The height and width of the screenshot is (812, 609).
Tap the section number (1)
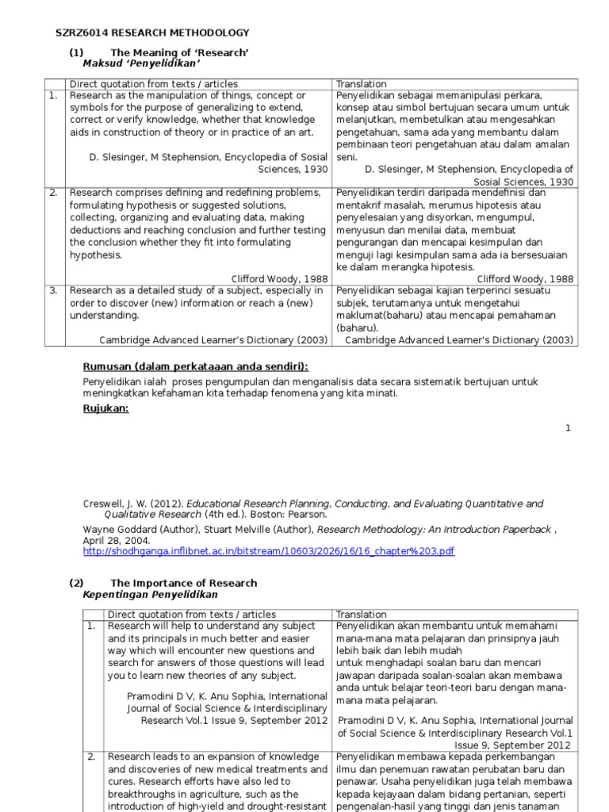click(76, 52)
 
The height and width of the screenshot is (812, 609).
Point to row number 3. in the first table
click(54, 290)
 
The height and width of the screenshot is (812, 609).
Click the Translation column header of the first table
click(361, 84)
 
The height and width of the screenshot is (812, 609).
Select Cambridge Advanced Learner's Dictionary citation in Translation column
click(458, 340)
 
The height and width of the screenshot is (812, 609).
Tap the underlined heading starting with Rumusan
click(196, 366)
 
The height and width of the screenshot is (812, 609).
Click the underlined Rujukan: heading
click(105, 409)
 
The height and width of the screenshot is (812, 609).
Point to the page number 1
click(568, 428)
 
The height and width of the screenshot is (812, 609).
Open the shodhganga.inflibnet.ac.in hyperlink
click(269, 551)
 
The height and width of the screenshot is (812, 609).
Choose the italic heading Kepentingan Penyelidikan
click(150, 594)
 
